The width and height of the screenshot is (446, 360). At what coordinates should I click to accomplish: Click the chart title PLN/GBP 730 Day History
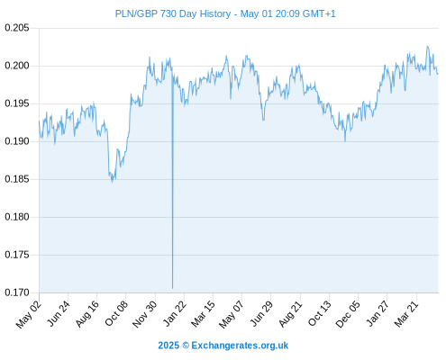173,13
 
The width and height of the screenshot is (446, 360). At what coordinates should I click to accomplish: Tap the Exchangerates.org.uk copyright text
223,346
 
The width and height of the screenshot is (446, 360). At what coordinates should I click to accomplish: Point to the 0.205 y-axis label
17,28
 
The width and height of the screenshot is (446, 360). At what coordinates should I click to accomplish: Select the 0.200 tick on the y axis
17,66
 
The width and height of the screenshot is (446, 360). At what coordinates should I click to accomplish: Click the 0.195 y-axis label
17,103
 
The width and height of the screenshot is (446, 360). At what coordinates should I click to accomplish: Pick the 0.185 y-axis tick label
17,179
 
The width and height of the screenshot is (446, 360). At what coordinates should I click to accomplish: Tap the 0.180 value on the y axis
17,217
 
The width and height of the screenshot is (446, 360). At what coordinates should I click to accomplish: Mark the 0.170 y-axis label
17,292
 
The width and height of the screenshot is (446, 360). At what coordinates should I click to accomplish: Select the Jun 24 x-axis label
59,313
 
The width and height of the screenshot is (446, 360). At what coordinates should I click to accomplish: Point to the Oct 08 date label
116,313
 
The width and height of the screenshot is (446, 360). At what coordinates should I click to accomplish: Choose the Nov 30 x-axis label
145,314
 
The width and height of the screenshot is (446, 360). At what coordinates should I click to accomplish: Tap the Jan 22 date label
174,313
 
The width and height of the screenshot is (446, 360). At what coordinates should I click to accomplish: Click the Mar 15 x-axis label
203,314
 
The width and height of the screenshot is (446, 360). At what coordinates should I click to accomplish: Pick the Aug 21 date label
290,314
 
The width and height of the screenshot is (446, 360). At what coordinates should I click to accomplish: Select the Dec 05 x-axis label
348,314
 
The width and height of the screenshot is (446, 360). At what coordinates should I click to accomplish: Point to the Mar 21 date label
406,314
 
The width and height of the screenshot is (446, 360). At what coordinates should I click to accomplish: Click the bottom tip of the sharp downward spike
172,289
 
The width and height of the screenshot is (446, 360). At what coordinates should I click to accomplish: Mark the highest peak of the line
427,46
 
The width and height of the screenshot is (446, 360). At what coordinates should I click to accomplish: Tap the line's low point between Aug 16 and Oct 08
113,182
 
